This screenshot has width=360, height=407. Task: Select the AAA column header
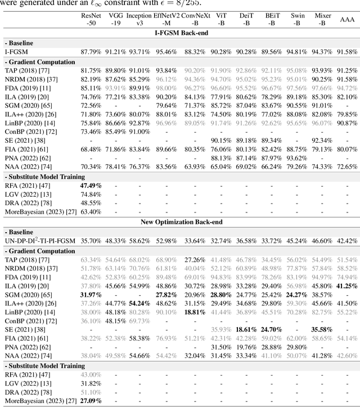pyautogui.click(x=347, y=20)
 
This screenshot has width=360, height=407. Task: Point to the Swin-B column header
pyautogui.click(x=298, y=20)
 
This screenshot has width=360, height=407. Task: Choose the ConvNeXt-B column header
pyautogui.click(x=194, y=20)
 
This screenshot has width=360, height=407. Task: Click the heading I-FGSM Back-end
pyautogui.click(x=180, y=33)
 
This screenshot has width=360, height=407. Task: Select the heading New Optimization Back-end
pyautogui.click(x=180, y=222)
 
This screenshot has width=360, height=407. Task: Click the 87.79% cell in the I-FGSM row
pyautogui.click(x=91, y=52)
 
